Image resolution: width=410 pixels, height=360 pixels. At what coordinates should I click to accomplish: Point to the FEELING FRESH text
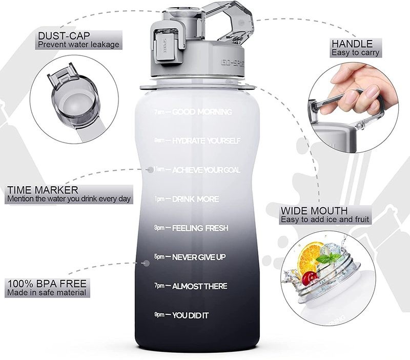click(x=200, y=228)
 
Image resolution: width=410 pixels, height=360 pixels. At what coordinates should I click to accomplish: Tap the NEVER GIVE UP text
click(x=199, y=256)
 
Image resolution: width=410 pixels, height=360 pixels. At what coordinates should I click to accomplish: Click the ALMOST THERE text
click(x=200, y=286)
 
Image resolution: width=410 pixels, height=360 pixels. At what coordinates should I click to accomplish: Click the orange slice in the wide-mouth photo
click(x=309, y=255)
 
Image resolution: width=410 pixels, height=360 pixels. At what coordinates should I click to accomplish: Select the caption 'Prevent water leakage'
click(x=78, y=45)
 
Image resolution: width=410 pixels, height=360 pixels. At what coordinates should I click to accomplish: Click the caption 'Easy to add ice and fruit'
click(x=325, y=220)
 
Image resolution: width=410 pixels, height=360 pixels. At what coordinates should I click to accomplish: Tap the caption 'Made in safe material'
click(x=46, y=293)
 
